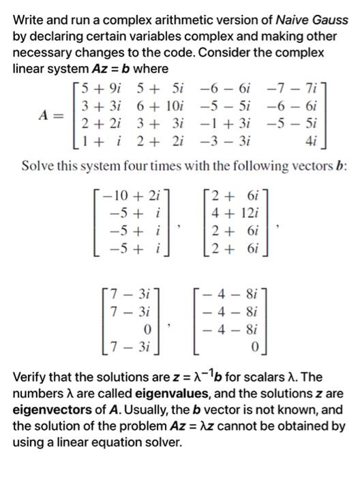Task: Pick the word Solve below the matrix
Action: click(x=38, y=163)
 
